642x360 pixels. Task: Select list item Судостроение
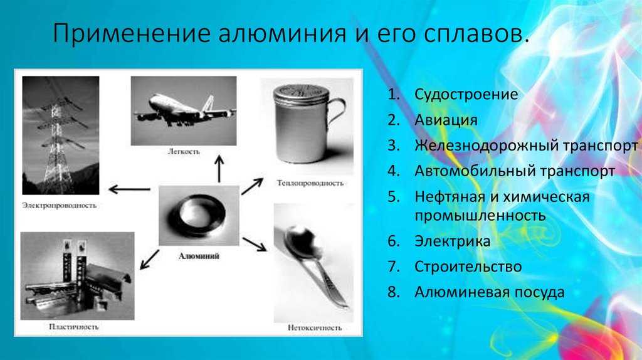(x=466, y=94)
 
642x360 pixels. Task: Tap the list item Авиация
(x=446, y=120)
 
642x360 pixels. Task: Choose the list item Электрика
(x=453, y=241)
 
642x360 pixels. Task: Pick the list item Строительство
(x=468, y=267)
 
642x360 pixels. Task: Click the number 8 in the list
(x=393, y=292)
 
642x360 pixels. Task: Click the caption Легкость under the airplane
(x=184, y=152)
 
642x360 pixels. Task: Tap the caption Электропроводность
(x=60, y=205)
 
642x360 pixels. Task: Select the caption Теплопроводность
(x=310, y=183)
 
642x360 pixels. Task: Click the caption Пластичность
(x=74, y=327)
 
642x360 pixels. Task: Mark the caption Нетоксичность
(x=315, y=327)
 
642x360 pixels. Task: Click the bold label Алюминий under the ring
(x=199, y=257)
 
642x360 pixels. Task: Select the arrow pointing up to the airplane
(x=219, y=169)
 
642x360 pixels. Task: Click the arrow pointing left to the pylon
(x=129, y=189)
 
